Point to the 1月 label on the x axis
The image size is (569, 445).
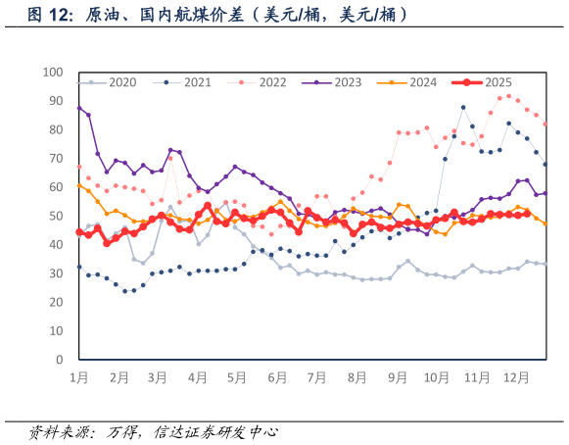(x=78, y=376)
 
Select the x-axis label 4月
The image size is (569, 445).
(x=197, y=376)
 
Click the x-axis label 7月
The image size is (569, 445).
(x=316, y=376)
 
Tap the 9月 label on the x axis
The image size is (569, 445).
(x=396, y=376)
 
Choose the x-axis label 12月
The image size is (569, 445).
(x=515, y=376)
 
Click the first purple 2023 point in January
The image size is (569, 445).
(x=79, y=108)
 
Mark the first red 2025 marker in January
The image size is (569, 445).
(x=79, y=232)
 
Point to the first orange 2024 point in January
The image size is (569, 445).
(x=79, y=185)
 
